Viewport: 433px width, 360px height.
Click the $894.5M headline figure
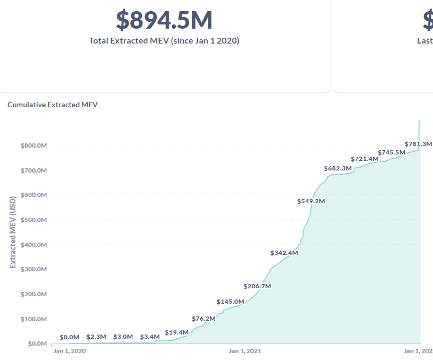pos(164,20)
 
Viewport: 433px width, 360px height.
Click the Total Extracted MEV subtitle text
pos(164,40)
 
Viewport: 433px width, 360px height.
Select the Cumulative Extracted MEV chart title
pos(53,105)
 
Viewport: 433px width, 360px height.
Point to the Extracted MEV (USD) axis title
pos(13,232)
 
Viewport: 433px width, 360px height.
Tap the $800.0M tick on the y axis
pos(34,145)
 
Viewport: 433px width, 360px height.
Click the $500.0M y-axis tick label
pos(34,220)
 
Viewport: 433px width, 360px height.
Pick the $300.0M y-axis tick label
pos(34,269)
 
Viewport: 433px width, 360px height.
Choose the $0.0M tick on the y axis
pos(37,344)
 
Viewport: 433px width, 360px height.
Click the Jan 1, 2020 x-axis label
pos(70,351)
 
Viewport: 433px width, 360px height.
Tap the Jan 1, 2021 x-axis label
pos(245,351)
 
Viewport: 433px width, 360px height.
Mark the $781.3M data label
pos(418,144)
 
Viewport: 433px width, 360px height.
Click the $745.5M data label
pos(392,152)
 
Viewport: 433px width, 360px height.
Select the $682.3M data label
pos(338,168)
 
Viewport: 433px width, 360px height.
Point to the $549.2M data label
pos(311,201)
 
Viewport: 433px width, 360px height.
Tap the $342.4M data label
pos(284,253)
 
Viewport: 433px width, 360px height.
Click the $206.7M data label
pos(257,286)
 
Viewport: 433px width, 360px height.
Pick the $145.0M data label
pos(231,302)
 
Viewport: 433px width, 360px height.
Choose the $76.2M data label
pos(203,319)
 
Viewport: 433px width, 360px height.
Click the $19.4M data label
pos(177,332)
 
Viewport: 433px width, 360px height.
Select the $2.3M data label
pos(96,337)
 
